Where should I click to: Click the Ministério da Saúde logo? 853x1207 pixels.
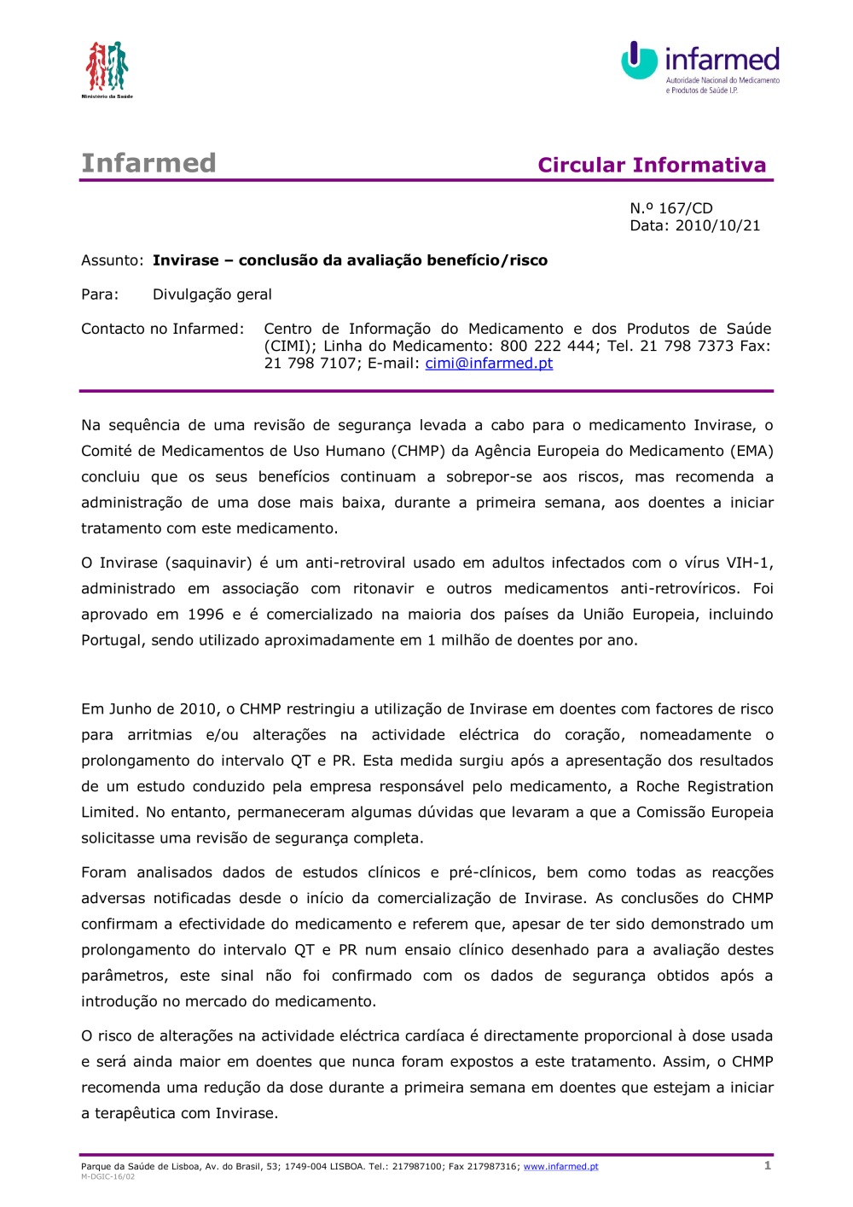pyautogui.click(x=107, y=67)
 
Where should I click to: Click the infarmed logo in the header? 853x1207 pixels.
pyautogui.click(x=700, y=66)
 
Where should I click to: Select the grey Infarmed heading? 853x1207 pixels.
pyautogui.click(x=148, y=163)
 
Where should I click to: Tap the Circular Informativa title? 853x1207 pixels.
pyautogui.click(x=652, y=165)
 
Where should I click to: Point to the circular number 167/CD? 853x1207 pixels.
pyautogui.click(x=686, y=208)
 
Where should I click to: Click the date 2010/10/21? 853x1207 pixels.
pyautogui.click(x=717, y=225)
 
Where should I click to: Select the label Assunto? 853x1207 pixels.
pyautogui.click(x=112, y=260)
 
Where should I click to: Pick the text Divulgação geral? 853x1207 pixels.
pyautogui.click(x=212, y=294)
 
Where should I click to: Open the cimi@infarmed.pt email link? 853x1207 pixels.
pyautogui.click(x=489, y=363)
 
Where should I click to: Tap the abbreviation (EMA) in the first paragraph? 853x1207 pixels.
pyautogui.click(x=751, y=451)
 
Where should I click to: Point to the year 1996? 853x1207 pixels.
pyautogui.click(x=206, y=614)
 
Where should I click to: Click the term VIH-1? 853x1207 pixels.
pyautogui.click(x=749, y=563)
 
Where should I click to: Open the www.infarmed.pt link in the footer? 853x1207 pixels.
pyautogui.click(x=560, y=1167)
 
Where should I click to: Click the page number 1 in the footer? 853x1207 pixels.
pyautogui.click(x=768, y=1165)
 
